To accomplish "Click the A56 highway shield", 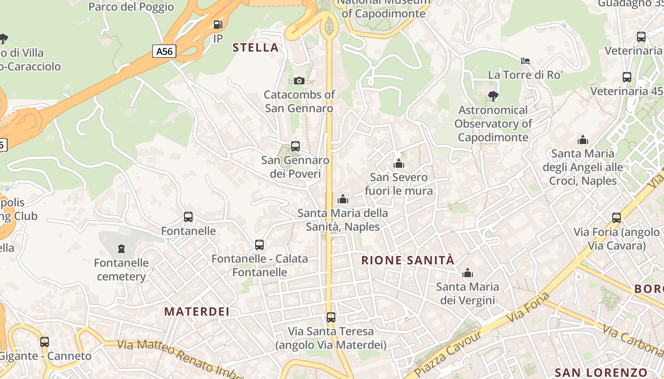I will tap(164, 51).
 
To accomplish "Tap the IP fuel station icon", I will tap(218, 25).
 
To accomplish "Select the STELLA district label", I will tap(256, 47).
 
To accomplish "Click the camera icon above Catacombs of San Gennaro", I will tap(299, 81).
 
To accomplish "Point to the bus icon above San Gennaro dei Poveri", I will tap(295, 146).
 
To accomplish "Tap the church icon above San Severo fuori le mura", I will tap(399, 163).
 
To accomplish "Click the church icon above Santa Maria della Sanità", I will tap(342, 199).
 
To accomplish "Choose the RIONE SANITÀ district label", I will tap(408, 260).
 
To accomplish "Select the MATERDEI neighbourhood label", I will tap(197, 311).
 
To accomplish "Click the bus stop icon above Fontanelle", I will tap(188, 217).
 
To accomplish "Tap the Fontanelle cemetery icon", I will tap(121, 248).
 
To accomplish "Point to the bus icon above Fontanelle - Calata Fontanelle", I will tap(259, 245).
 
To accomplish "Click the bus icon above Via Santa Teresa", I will tap(331, 317).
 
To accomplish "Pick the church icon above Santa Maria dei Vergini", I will tap(468, 273).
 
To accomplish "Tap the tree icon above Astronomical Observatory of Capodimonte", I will tap(493, 96).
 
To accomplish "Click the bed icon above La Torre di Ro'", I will tap(526, 61).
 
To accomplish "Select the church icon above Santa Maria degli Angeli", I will tap(583, 140).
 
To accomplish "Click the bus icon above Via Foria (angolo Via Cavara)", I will tap(617, 218).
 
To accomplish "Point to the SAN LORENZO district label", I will tap(601, 372).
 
